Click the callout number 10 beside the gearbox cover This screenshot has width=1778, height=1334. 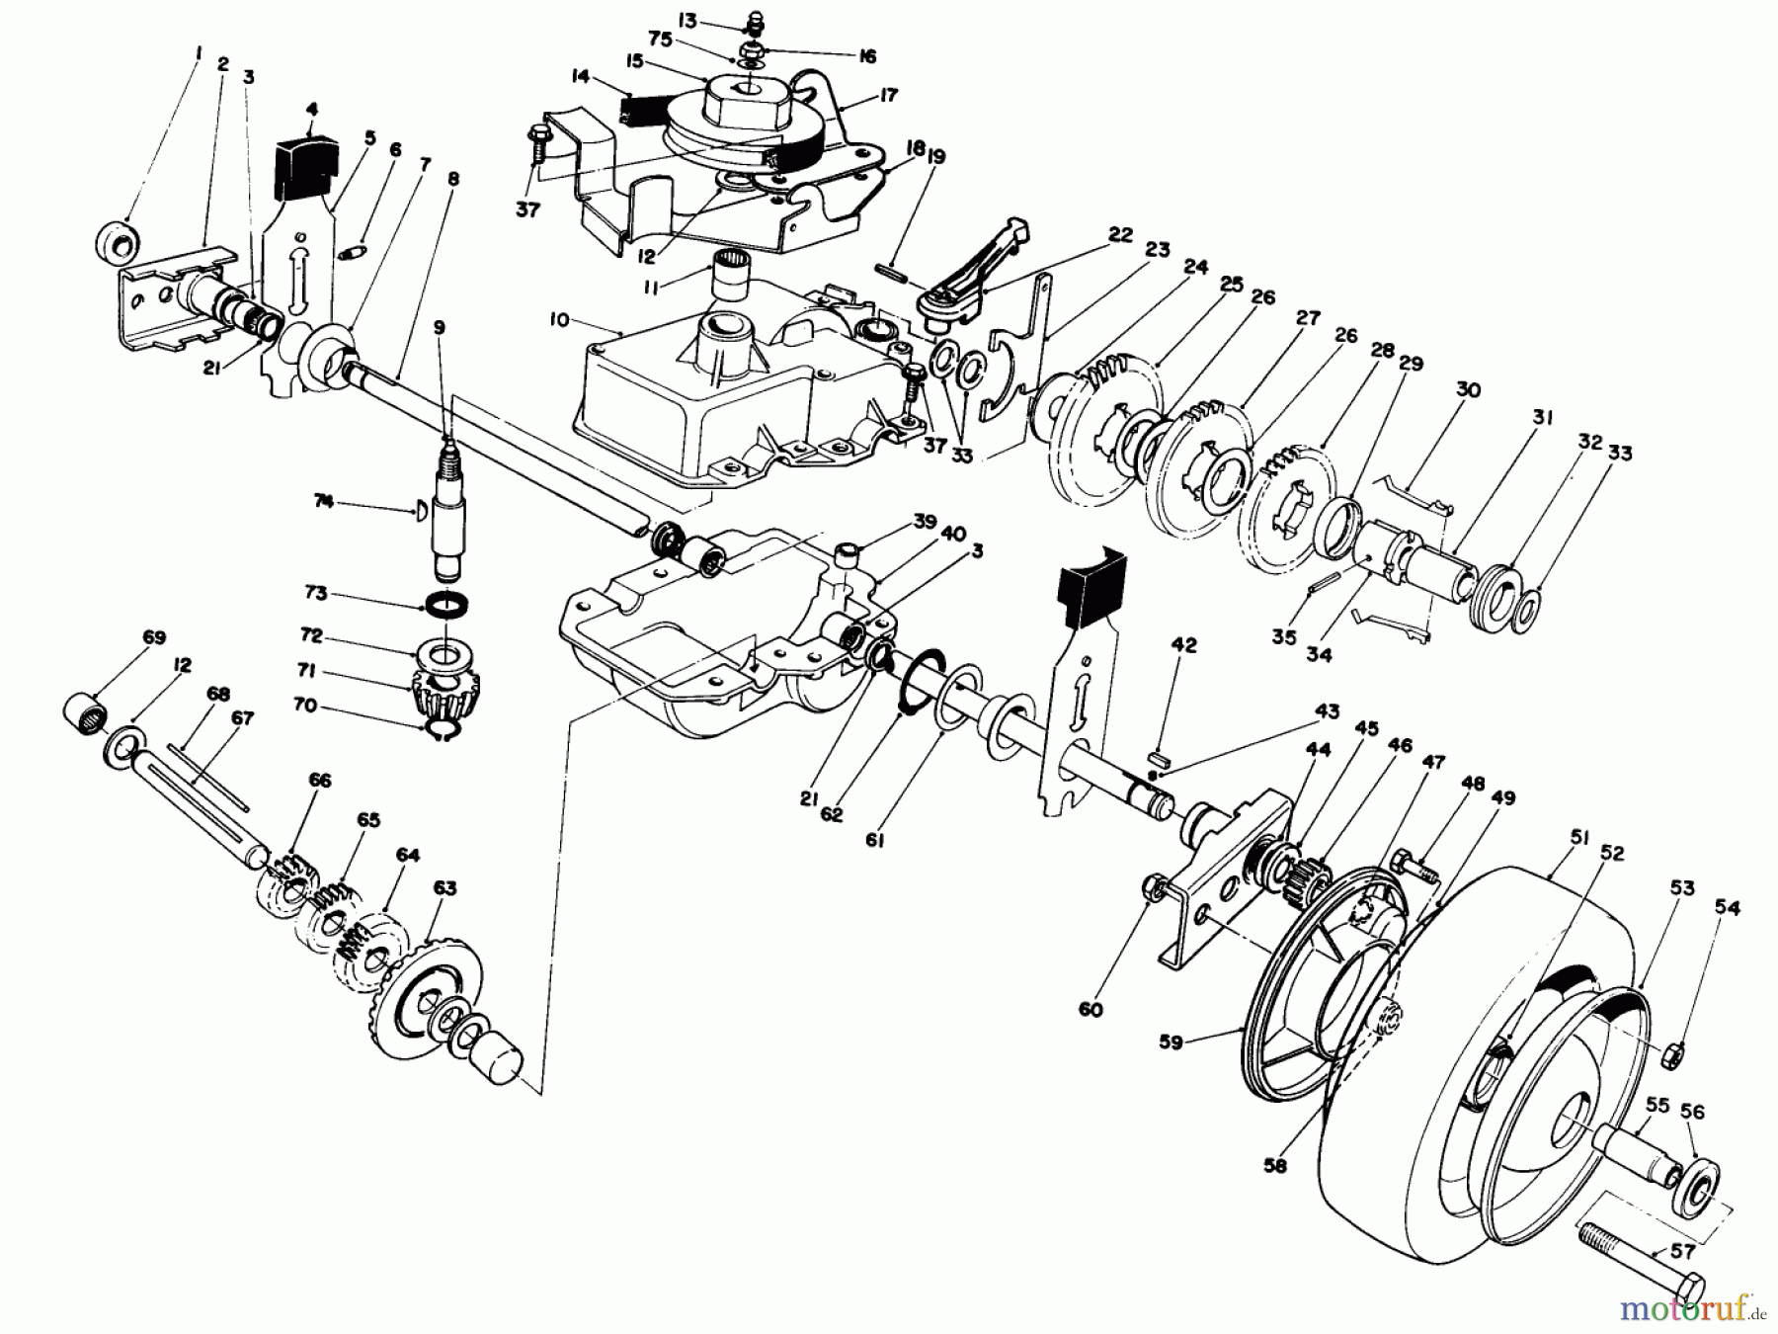[x=560, y=319]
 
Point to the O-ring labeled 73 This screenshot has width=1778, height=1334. [x=446, y=602]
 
